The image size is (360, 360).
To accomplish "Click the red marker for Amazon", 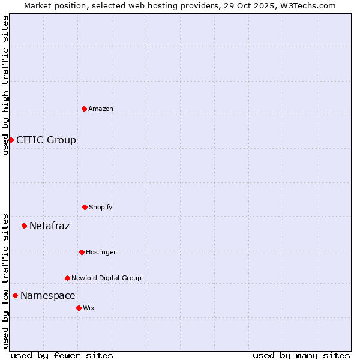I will pos(84,109).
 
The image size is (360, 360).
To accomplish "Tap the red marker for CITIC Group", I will pos(11,140).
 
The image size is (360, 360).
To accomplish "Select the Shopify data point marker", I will pos(85,207).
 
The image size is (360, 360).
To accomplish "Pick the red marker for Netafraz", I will pos(24,226).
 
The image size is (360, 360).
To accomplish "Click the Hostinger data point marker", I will pos(82,252).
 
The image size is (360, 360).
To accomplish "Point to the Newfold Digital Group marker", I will pos(67,278).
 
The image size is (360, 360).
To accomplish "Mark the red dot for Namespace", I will pos(15,295).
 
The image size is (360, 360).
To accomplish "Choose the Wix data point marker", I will pos(79,308).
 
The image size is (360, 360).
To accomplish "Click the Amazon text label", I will pos(101,109).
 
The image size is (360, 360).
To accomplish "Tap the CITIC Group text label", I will pos(46,140).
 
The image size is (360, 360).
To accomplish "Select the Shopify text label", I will pos(101,207).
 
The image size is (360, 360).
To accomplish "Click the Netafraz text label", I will pos(49,226).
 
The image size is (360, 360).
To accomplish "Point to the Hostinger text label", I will pos(101,252).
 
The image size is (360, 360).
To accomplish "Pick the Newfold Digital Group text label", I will pos(106,278).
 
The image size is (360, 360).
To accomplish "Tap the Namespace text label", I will pos(48,296).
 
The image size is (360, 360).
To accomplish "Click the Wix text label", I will pos(89,308).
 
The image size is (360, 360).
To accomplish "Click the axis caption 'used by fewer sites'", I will pos(62,355).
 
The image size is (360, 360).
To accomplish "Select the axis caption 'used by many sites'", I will pos(301,355).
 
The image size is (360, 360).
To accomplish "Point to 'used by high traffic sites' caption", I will pos(5,85).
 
